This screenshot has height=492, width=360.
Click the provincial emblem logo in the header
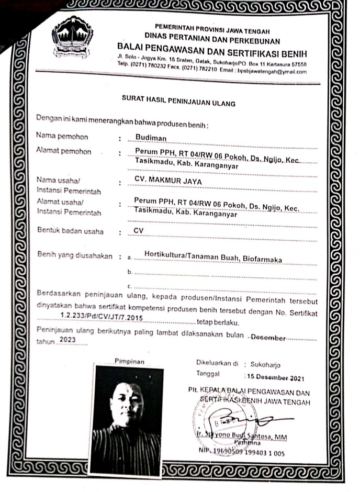tap(73, 37)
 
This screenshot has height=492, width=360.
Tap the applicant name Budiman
tap(150, 137)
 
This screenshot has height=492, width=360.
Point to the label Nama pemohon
tap(62, 137)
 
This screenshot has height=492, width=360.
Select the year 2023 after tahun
tap(68, 340)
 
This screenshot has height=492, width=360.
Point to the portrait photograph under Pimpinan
tap(128, 419)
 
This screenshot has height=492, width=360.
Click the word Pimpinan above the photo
tap(129, 361)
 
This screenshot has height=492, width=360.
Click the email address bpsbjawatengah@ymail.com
tap(273, 72)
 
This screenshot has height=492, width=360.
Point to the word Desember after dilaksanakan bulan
tap(268, 338)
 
